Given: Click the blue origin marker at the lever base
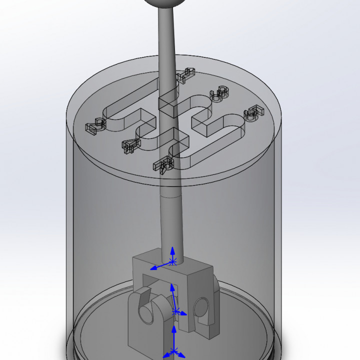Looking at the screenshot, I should [173, 261].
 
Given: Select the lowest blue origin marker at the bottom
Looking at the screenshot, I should [173, 351].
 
